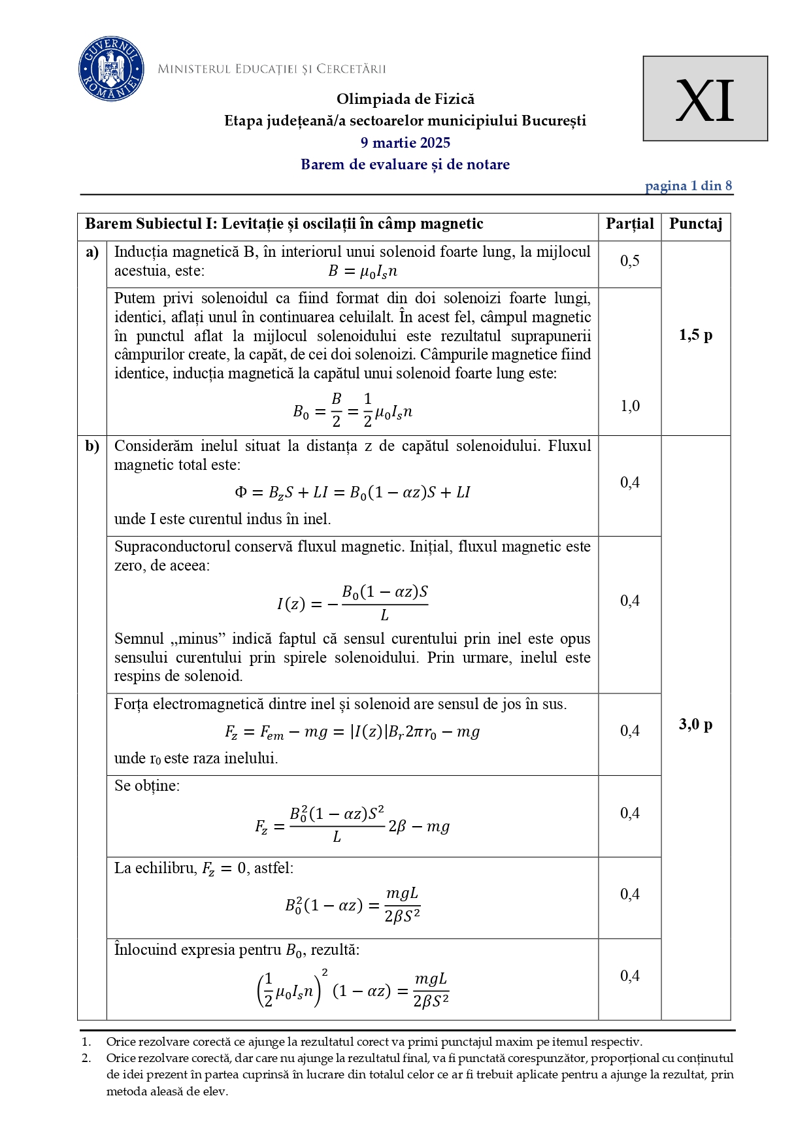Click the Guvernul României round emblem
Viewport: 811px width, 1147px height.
tap(111, 69)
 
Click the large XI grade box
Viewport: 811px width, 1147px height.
tap(704, 99)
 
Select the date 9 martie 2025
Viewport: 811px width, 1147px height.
tap(405, 142)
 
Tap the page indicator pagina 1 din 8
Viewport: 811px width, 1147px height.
tap(688, 186)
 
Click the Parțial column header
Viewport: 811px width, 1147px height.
tap(629, 224)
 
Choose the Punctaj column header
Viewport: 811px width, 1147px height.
tap(695, 224)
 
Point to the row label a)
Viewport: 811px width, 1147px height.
tap(92, 252)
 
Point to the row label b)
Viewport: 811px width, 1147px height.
tap(92, 446)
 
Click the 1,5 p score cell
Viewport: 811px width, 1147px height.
tap(695, 335)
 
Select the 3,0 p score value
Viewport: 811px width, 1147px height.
tap(695, 724)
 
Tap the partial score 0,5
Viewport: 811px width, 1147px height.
tap(629, 261)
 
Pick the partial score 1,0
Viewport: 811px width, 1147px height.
tap(629, 406)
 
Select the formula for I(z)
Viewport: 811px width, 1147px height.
tap(352, 603)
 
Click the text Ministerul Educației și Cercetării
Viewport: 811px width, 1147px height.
tap(272, 69)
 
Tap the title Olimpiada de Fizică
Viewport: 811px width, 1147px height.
tap(405, 99)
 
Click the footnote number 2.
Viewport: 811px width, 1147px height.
tap(86, 1058)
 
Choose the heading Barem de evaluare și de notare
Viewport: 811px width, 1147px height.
tap(405, 165)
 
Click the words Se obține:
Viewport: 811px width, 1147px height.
tap(147, 786)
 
